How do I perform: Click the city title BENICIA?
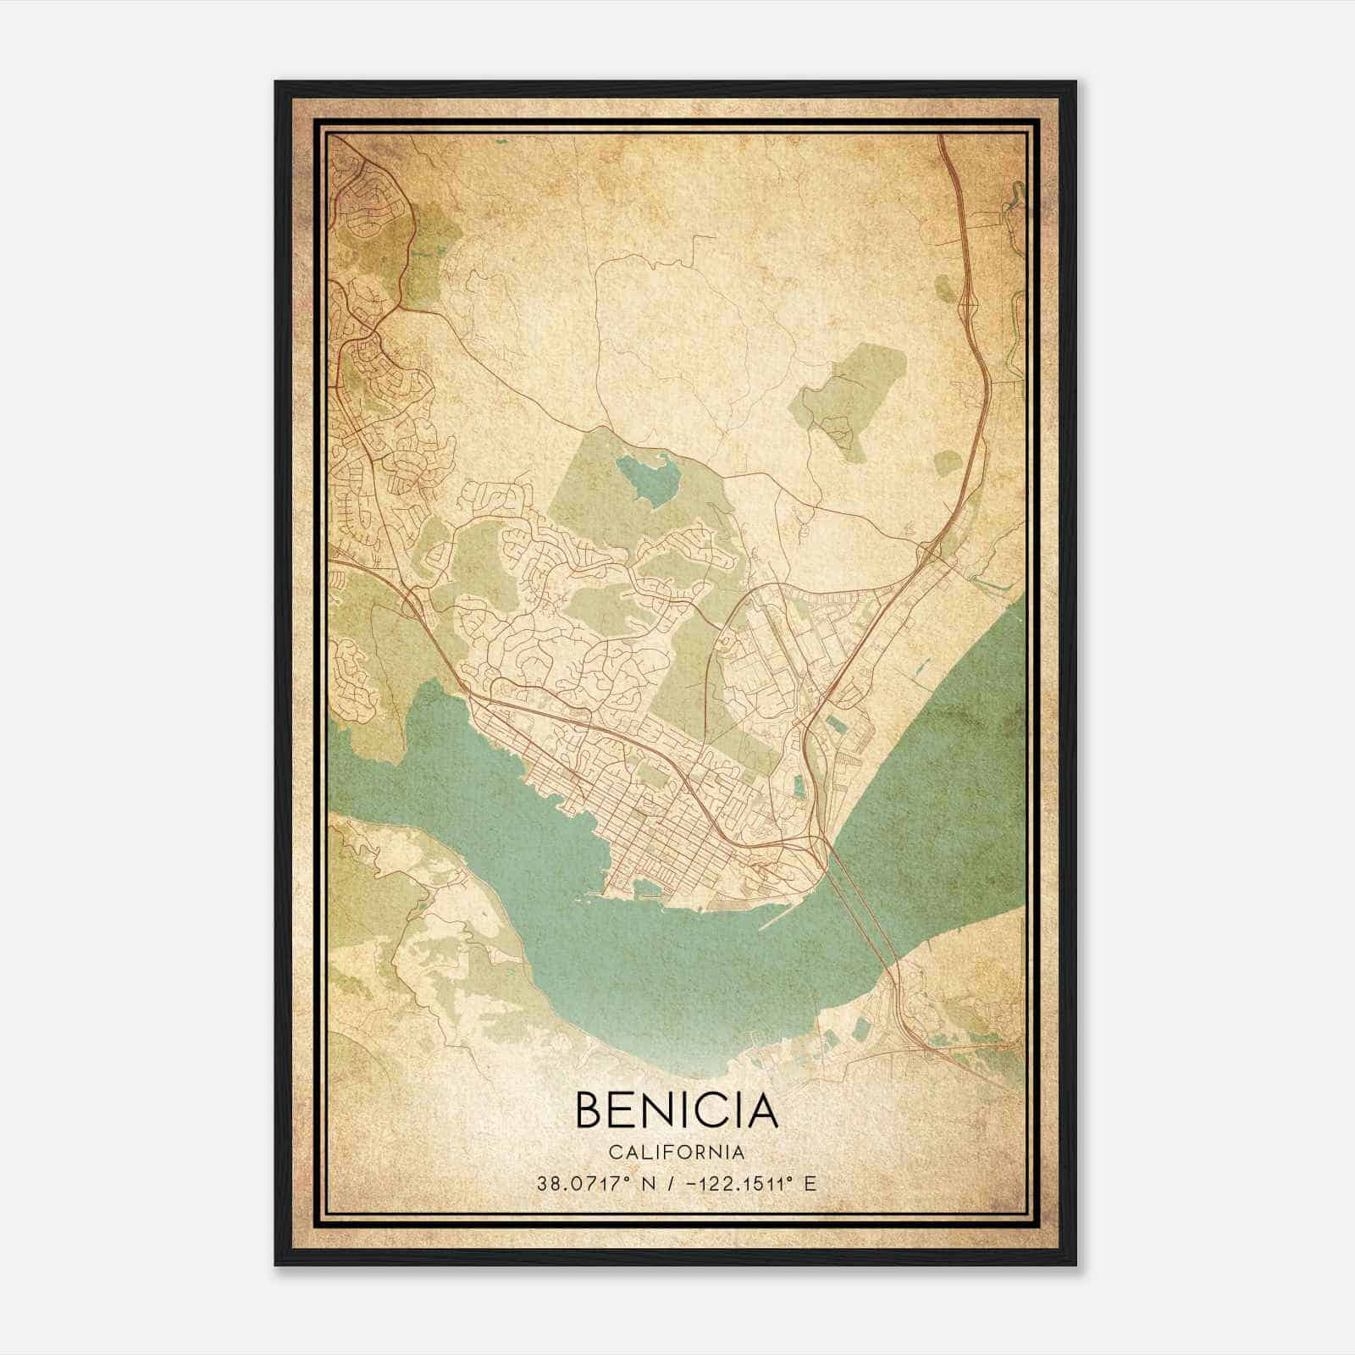pyautogui.click(x=676, y=1110)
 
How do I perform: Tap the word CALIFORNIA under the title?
pyautogui.click(x=676, y=1153)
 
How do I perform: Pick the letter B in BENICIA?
pyautogui.click(x=589, y=1110)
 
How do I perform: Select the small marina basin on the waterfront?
pyautogui.click(x=648, y=888)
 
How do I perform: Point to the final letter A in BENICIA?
pyautogui.click(x=760, y=1110)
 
